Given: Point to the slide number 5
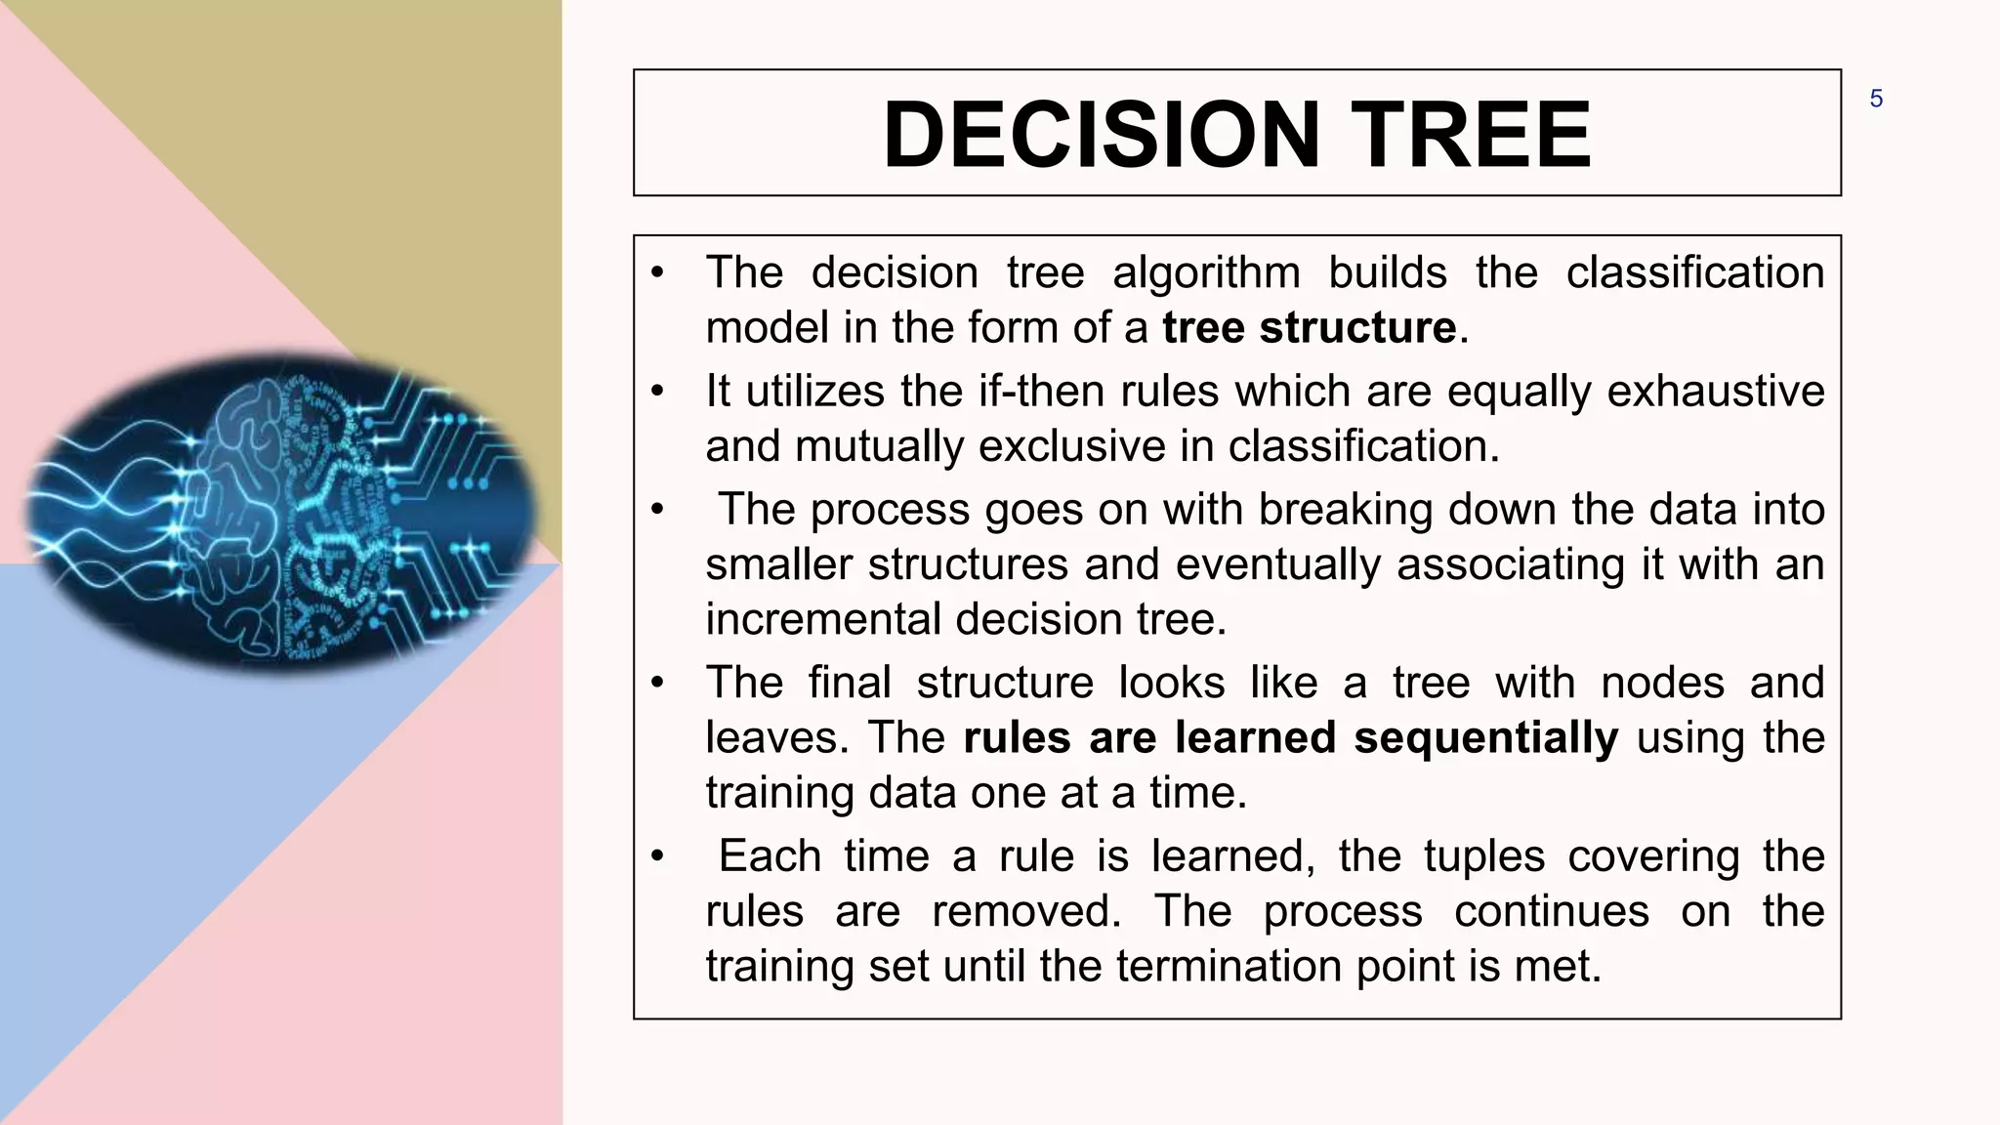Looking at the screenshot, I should [x=1876, y=99].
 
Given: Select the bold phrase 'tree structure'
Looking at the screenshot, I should [x=1309, y=327].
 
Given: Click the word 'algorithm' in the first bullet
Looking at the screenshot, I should [x=1206, y=272].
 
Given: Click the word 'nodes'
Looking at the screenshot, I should [x=1662, y=683].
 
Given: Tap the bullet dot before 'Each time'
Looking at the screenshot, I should [x=658, y=857].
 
